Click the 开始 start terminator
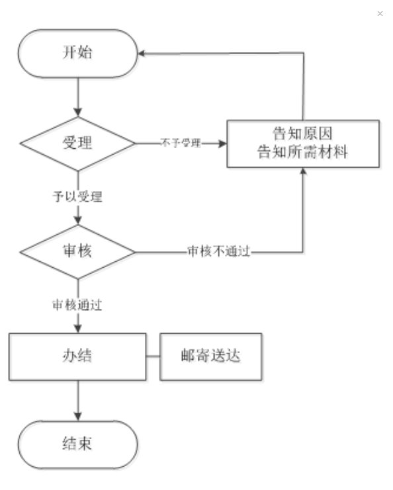click(77, 54)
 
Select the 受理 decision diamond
click(78, 143)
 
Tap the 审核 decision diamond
click(78, 252)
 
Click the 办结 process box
click(77, 356)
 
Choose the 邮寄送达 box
click(211, 356)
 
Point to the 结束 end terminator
click(77, 444)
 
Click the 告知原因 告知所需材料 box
click(303, 143)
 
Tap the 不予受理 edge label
click(181, 143)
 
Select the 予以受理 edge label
click(77, 196)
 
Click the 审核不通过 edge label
click(219, 251)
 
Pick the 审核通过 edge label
click(77, 305)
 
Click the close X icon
click(380, 13)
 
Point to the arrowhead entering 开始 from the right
click(141, 54)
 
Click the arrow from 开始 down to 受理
click(78, 97)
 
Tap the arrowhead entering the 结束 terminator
click(78, 417)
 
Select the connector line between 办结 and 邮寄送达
click(153, 356)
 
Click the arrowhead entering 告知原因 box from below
click(302, 171)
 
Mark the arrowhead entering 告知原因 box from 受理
click(222, 143)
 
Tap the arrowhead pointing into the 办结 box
click(78, 329)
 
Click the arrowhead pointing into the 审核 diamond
click(78, 221)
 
